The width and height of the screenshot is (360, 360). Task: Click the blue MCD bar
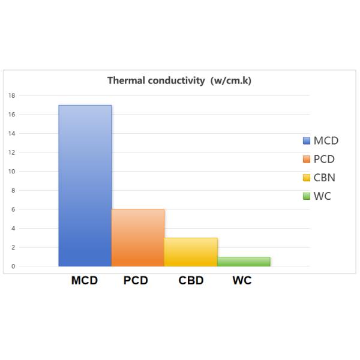[x=85, y=185]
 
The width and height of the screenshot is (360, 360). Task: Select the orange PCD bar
[x=137, y=238]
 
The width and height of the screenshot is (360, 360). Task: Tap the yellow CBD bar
[x=191, y=252]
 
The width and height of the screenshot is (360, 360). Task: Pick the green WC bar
[x=244, y=262]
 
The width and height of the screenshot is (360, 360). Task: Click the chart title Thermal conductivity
[x=157, y=80]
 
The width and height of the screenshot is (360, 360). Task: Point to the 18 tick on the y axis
[x=12, y=95]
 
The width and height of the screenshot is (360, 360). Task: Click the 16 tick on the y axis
[x=12, y=115]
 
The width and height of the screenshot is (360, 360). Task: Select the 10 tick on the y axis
[x=12, y=172]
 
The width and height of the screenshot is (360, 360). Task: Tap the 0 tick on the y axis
[x=13, y=266]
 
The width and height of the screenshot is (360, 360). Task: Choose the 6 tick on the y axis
[x=13, y=209]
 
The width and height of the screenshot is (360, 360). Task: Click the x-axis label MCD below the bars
[x=85, y=281]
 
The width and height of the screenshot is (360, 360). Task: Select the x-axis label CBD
[x=191, y=281]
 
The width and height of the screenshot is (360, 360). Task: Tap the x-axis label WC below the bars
[x=242, y=281]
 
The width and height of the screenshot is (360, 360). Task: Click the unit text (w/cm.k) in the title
[x=230, y=80]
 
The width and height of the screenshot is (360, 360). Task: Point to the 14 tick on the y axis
[x=12, y=133]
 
